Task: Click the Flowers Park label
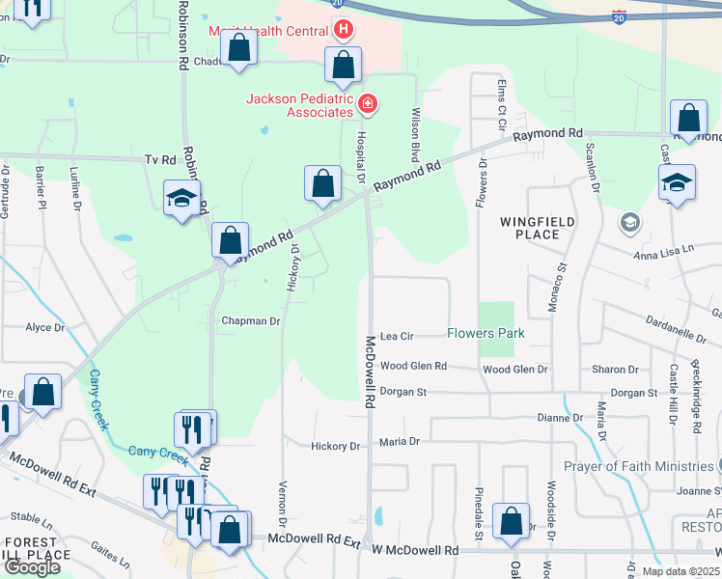(486, 334)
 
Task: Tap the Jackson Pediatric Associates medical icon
(367, 103)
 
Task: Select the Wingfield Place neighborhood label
(530, 228)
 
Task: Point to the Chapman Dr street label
(251, 321)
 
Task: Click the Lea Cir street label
(397, 337)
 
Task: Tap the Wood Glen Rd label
(413, 367)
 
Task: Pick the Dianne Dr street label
(560, 418)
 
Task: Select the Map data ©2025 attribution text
(679, 571)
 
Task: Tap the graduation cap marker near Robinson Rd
(180, 199)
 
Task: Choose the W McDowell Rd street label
(415, 550)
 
